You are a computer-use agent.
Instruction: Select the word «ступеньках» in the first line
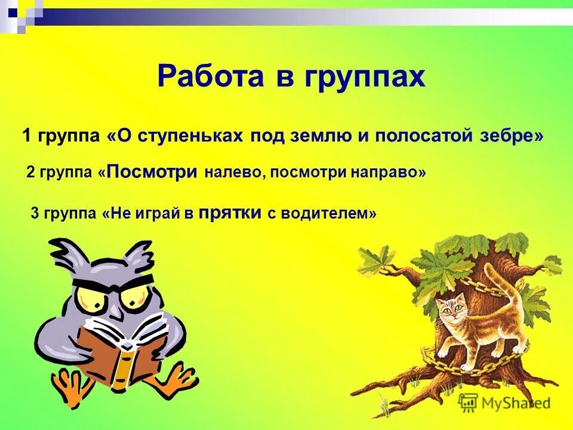(190, 136)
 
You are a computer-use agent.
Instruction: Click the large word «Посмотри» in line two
(153, 172)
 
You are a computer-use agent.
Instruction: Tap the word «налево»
(235, 173)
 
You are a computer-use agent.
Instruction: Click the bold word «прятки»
(230, 213)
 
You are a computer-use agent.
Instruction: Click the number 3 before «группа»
(34, 214)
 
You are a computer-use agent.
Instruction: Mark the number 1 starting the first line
(27, 136)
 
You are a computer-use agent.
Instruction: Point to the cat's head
(448, 311)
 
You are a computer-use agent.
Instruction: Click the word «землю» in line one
(317, 136)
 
